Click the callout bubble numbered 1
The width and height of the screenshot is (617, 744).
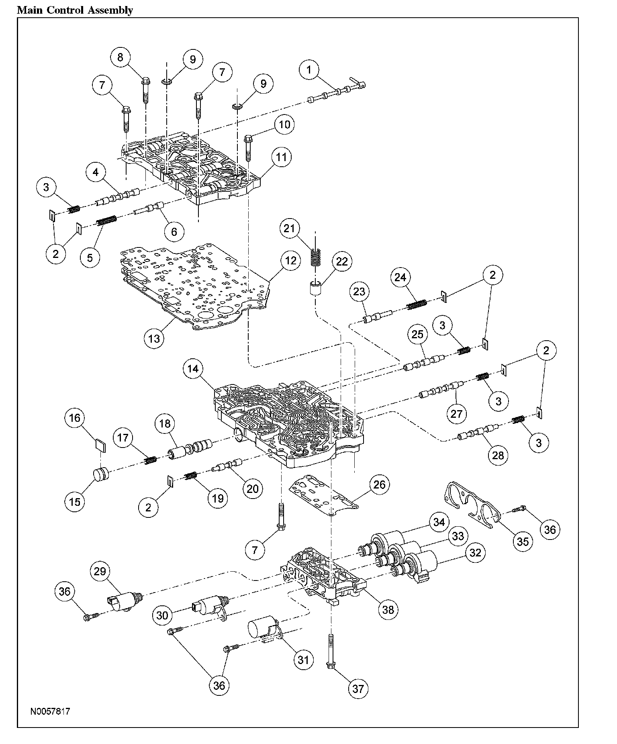point(309,69)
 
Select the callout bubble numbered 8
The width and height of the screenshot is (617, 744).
point(121,57)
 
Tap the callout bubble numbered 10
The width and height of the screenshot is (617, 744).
point(284,125)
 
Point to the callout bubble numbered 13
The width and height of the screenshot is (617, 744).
point(154,338)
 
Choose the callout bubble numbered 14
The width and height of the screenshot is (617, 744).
point(193,369)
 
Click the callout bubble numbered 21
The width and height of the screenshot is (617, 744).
point(290,229)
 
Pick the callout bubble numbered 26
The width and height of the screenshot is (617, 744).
point(380,484)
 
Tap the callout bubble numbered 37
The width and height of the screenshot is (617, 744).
point(358,689)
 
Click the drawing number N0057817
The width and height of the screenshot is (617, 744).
point(50,711)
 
